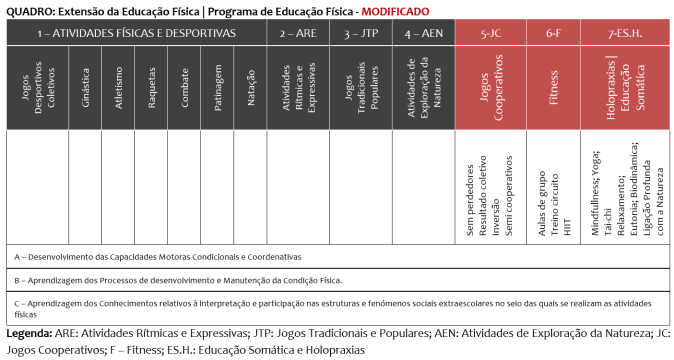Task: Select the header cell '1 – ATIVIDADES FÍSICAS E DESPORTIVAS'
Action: coord(136,33)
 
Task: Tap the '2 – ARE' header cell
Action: coord(298,33)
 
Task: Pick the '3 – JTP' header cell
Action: coord(361,33)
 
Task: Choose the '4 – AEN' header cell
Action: coord(424,33)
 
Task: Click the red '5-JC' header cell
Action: coord(490,33)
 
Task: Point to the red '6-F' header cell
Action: coord(553,33)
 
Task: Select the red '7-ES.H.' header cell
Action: coord(625,33)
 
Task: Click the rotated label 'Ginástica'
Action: coord(86,87)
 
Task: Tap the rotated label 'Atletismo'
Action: coord(119,87)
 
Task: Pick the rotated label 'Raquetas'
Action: coord(152,87)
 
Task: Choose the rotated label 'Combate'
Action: coord(185,87)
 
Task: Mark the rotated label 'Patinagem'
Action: coord(218,87)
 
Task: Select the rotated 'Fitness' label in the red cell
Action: coord(553,87)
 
